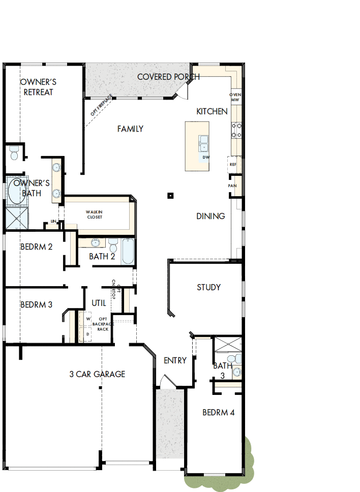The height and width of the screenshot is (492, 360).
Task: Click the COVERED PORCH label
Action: coord(168,77)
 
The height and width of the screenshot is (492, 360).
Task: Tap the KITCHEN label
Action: coord(212,111)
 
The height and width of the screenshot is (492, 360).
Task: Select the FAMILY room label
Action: coord(130,129)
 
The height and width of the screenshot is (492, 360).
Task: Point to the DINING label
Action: coord(211,216)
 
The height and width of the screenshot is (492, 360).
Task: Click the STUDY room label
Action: coord(208,287)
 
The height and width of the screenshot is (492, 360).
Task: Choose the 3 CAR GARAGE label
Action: coord(97,374)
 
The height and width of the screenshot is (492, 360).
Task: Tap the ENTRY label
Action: coord(175,360)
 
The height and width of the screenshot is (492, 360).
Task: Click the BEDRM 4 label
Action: coord(218,412)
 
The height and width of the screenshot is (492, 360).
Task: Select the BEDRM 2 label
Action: coord(36,247)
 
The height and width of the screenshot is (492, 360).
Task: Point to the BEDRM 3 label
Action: coord(36,305)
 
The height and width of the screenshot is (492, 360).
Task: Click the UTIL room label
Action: coord(99,303)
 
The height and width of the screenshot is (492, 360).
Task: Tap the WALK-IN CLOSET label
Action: coord(95,214)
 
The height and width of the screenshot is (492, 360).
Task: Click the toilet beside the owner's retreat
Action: coord(14,152)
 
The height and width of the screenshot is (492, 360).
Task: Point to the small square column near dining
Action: coord(171,195)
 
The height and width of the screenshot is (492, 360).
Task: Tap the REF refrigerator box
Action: coord(233,165)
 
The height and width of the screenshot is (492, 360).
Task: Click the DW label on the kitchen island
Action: coord(205,157)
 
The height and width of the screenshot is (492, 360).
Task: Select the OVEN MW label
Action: coord(235,97)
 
